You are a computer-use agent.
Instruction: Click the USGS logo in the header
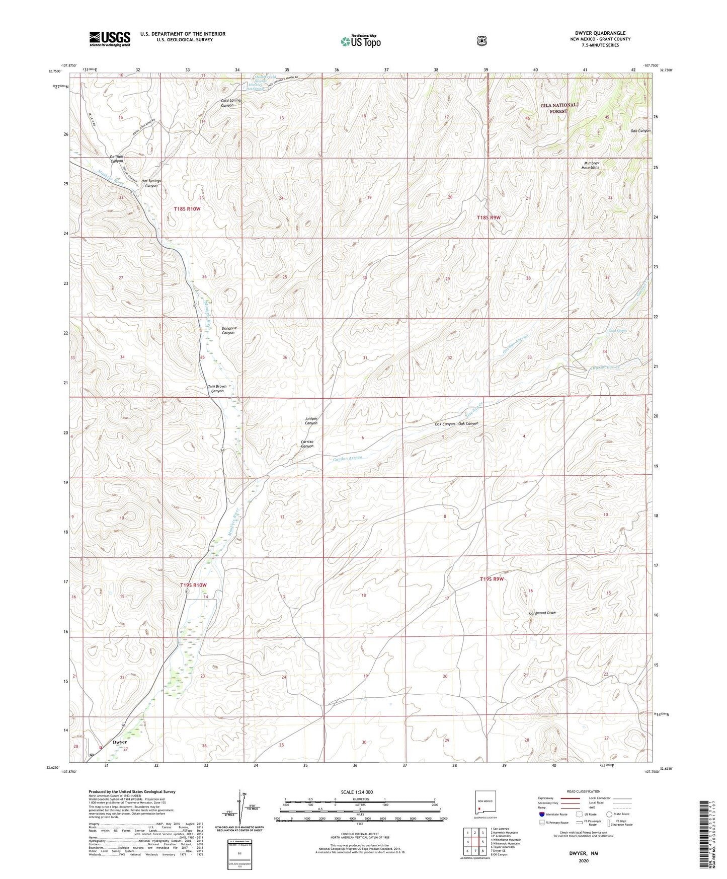click(x=110, y=39)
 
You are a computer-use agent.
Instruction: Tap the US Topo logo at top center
click(x=360, y=41)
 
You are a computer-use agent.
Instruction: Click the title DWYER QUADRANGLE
click(x=600, y=33)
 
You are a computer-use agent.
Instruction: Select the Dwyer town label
click(x=120, y=742)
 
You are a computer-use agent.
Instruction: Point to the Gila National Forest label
click(x=558, y=108)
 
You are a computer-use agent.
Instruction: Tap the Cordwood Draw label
click(x=542, y=613)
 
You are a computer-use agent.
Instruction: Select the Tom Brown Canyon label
click(x=217, y=389)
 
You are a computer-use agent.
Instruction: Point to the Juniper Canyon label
click(x=311, y=421)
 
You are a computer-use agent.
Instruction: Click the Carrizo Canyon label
click(x=307, y=444)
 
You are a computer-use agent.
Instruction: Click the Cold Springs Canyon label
click(x=231, y=103)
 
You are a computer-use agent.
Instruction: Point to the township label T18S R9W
click(x=489, y=217)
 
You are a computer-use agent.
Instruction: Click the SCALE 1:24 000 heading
click(x=357, y=792)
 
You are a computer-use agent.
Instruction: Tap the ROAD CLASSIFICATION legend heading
click(x=583, y=791)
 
